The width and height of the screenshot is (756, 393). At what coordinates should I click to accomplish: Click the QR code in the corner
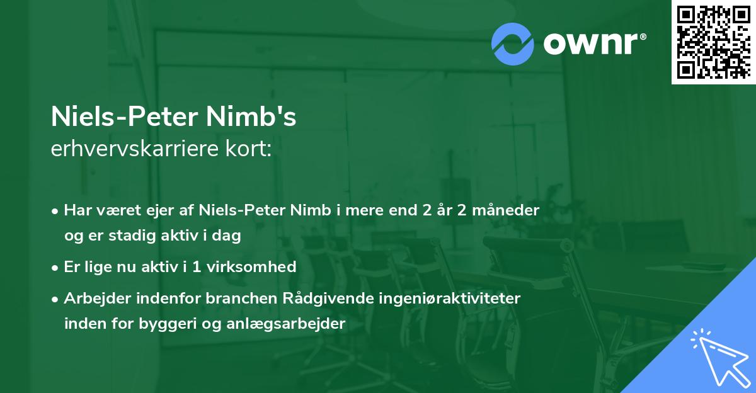(714, 42)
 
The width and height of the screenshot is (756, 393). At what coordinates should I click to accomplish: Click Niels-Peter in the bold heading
(125, 118)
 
